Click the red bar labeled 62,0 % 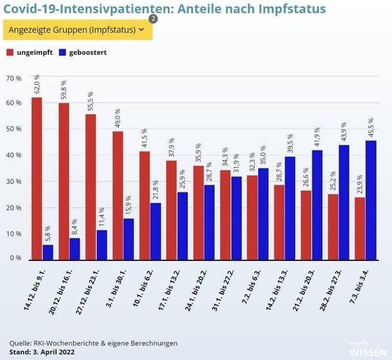pyautogui.click(x=36, y=179)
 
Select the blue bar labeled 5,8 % pyautogui.click(x=48, y=252)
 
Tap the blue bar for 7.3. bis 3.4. pyautogui.click(x=371, y=200)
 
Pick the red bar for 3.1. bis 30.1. pyautogui.click(x=118, y=195)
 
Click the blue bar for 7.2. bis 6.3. pyautogui.click(x=263, y=214)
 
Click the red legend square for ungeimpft pyautogui.click(x=10, y=52)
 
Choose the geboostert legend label pyautogui.click(x=88, y=52)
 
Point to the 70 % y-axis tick pyautogui.click(x=14, y=77)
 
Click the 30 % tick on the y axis pyautogui.click(x=14, y=181)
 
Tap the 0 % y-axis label pyautogui.click(x=16, y=258)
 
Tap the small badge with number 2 pyautogui.click(x=153, y=18)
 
